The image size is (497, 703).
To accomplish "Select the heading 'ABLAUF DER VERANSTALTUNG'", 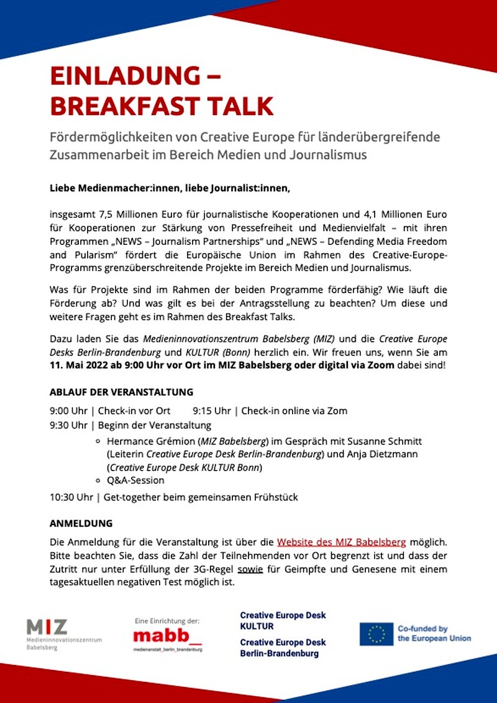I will point(121,392).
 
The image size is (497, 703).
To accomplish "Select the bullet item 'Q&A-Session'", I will point(135,480).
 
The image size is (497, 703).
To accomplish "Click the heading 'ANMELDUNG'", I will point(81,523).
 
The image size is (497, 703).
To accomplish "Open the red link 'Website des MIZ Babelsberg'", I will point(341,541).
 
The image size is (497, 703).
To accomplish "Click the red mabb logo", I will point(167,636).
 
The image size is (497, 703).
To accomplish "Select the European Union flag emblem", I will point(376,634).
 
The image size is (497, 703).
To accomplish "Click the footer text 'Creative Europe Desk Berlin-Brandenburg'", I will point(283,648).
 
